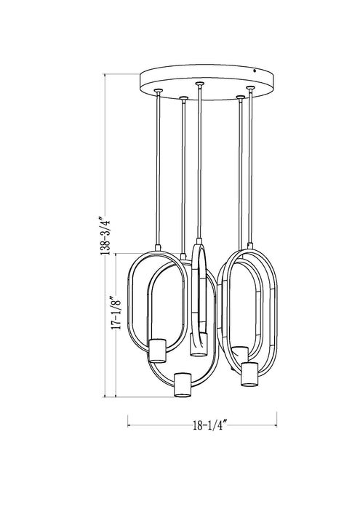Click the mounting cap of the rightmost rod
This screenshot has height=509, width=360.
[251, 89]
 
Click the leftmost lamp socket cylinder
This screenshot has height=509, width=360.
[157, 350]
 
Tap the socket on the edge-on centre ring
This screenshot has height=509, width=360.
[197, 344]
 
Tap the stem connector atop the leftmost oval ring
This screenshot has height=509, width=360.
[157, 247]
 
